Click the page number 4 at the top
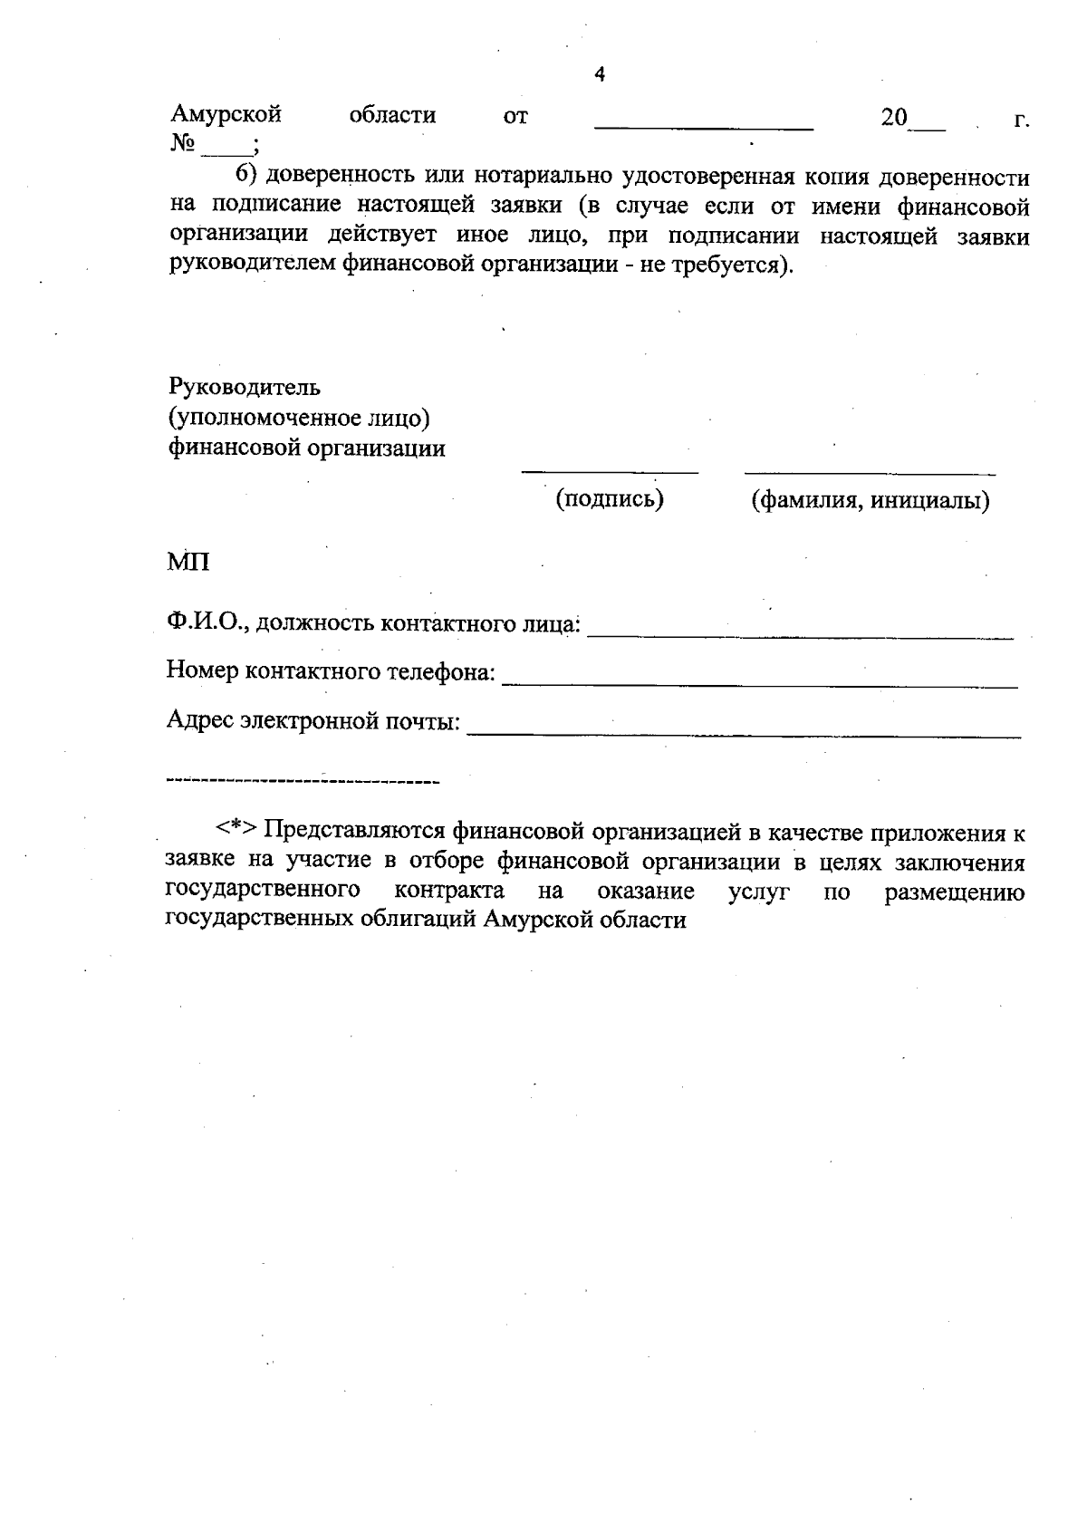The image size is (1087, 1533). click(599, 74)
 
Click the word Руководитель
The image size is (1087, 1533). click(245, 388)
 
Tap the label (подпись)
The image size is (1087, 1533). click(610, 499)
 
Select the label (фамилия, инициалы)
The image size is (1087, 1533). click(870, 500)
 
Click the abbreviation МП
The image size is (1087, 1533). click(188, 563)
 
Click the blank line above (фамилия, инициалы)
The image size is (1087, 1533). click(870, 473)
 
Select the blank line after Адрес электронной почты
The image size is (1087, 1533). click(743, 737)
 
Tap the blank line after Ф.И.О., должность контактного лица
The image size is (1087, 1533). click(801, 637)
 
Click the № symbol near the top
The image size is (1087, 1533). click(183, 144)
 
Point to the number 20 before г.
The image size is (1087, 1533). click(894, 118)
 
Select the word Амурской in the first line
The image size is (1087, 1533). click(226, 116)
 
